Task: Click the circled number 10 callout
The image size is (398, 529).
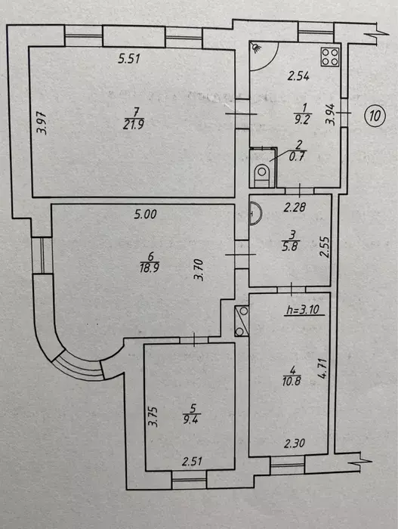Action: pyautogui.click(x=375, y=116)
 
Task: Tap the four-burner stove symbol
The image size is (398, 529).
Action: pyautogui.click(x=330, y=57)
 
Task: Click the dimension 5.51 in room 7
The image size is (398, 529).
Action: pyautogui.click(x=129, y=59)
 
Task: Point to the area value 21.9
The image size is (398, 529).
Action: pyautogui.click(x=134, y=125)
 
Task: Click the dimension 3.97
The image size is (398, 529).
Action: pyautogui.click(x=42, y=123)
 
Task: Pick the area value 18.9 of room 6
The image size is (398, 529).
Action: pyautogui.click(x=150, y=268)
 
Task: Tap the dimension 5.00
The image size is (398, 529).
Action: pyautogui.click(x=145, y=214)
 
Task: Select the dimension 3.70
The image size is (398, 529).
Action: pyautogui.click(x=199, y=270)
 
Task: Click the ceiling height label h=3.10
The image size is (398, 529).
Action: pyautogui.click(x=303, y=309)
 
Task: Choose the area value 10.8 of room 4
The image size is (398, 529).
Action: pyautogui.click(x=292, y=381)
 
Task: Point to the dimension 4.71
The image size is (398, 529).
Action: pyautogui.click(x=322, y=368)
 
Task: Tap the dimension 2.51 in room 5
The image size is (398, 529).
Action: pyautogui.click(x=192, y=461)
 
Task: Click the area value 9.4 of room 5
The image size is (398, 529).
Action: pyautogui.click(x=191, y=419)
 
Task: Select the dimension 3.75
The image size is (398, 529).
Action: pyautogui.click(x=153, y=416)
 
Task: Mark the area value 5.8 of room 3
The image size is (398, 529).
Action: pyautogui.click(x=290, y=246)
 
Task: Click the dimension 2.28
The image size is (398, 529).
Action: pyautogui.click(x=295, y=207)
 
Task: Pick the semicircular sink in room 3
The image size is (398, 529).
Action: pyautogui.click(x=256, y=213)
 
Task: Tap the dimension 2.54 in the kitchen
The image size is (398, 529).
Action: pyautogui.click(x=298, y=76)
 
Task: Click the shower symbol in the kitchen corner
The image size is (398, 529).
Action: pyautogui.click(x=257, y=48)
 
